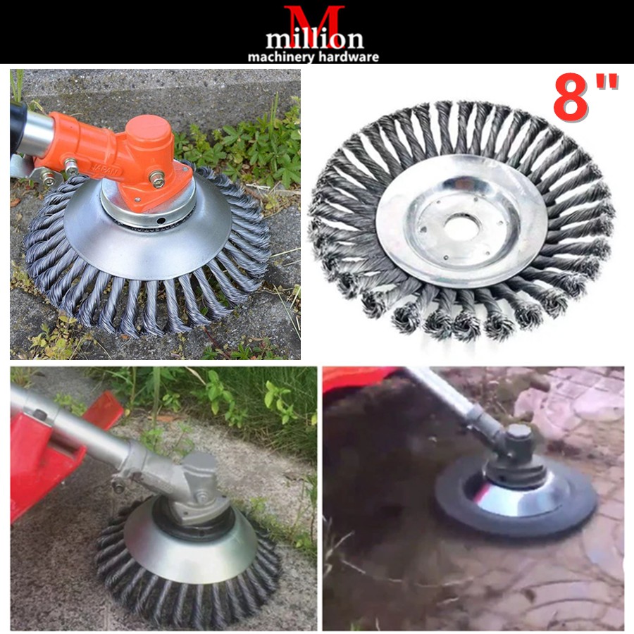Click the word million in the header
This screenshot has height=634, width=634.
point(315,39)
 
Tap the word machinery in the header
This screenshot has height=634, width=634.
point(280,57)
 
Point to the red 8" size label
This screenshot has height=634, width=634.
point(585,98)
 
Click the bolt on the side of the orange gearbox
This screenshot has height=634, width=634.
point(157,179)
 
